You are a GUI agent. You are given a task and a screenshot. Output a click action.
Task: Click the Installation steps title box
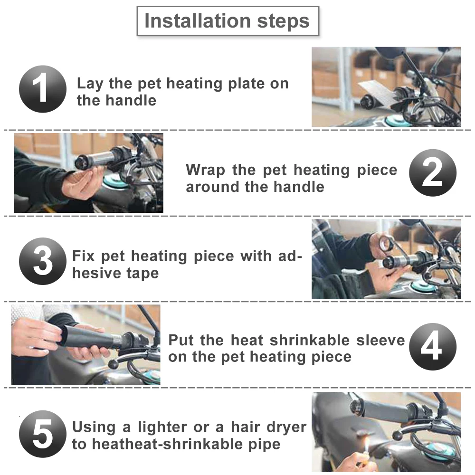[x=228, y=21]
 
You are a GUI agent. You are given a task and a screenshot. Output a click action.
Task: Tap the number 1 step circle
[x=42, y=89]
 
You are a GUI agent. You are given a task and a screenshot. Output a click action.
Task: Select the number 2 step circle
[x=433, y=173]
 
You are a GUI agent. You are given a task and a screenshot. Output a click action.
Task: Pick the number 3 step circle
[x=42, y=261]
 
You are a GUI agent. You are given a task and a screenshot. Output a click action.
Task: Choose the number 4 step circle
[x=433, y=346]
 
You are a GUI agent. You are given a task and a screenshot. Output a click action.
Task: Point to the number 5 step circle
[x=42, y=434]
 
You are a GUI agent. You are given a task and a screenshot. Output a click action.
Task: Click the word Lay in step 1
[x=90, y=84]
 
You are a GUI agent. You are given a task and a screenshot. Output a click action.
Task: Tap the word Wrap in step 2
[x=205, y=170]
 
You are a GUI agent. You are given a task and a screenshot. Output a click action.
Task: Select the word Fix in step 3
[x=83, y=256]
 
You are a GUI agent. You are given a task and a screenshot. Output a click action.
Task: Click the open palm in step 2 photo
[x=81, y=183]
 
